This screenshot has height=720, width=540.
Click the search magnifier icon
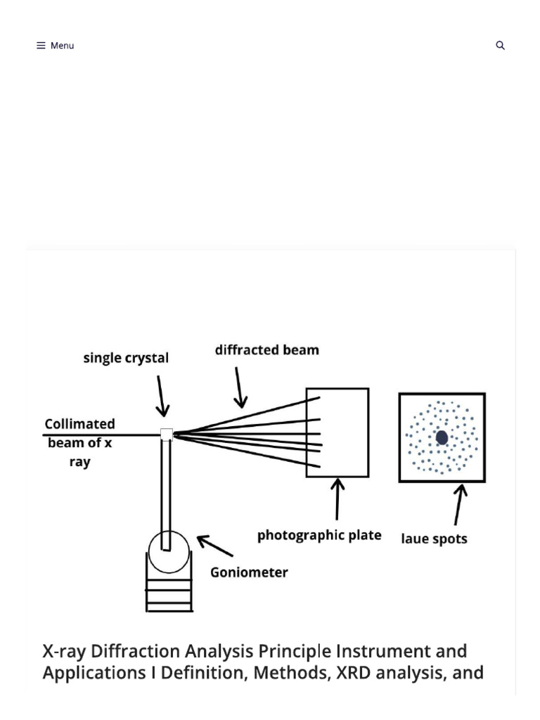tap(500, 45)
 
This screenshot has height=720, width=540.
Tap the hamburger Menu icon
tap(41, 46)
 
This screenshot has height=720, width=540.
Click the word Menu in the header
tap(62, 46)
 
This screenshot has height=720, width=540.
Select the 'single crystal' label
tap(126, 358)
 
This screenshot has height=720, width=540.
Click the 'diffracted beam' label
tap(266, 350)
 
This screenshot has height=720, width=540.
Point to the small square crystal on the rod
tap(167, 435)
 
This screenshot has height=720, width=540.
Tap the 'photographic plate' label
tap(319, 535)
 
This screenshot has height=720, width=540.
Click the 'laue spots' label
tap(434, 539)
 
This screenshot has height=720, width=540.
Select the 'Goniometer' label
tap(249, 572)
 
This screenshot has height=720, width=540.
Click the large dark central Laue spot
tap(442, 437)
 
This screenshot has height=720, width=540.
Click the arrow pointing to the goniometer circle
tap(215, 546)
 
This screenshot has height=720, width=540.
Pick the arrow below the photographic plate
tap(337, 499)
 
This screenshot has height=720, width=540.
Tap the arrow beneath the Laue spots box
tap(458, 505)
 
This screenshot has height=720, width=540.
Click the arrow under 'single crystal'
tap(161, 396)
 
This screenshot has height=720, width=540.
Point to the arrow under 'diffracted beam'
tap(240, 387)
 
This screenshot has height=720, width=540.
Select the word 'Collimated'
tap(80, 424)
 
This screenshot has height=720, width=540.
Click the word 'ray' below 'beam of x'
tap(80, 462)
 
